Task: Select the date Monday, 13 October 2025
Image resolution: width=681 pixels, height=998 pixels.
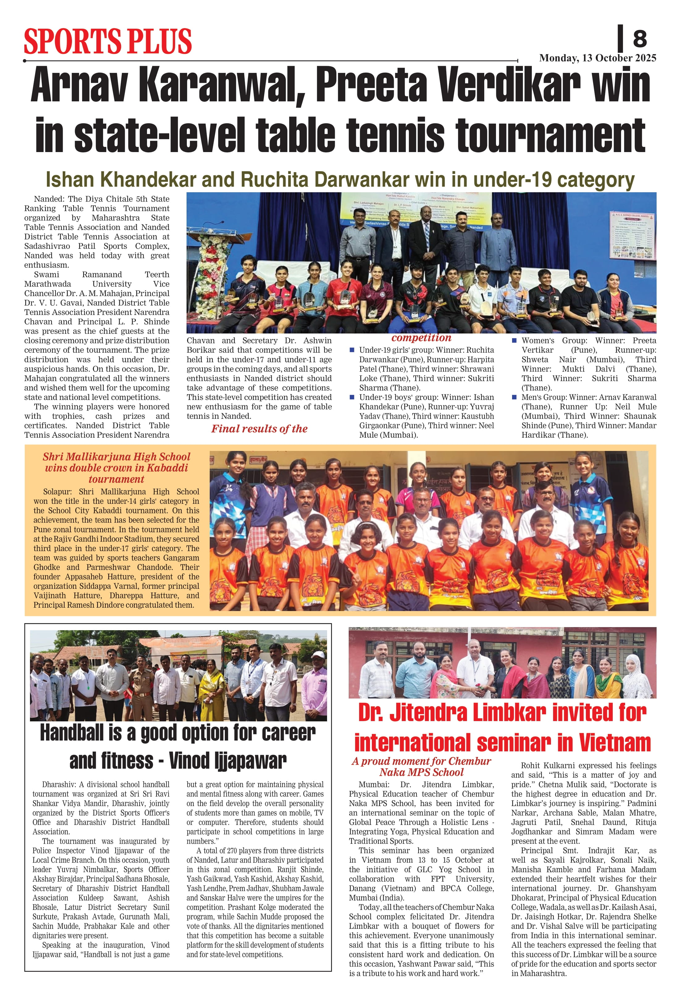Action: click(x=597, y=58)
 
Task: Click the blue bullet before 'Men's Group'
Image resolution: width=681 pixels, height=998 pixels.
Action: click(x=514, y=397)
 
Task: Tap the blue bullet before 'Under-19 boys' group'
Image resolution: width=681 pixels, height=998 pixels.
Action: click(x=352, y=397)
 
